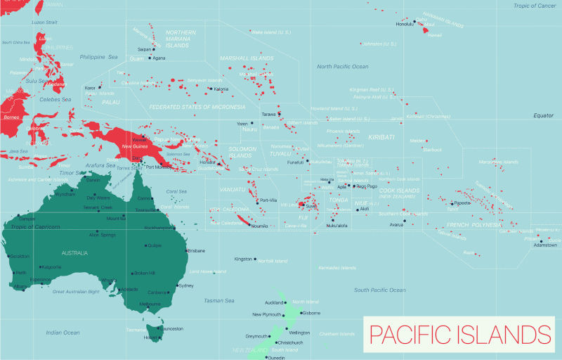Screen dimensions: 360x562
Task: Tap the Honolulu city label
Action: [x=405, y=24]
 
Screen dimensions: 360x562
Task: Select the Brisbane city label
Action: [x=196, y=250]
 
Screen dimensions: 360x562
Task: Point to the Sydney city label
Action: [x=186, y=285]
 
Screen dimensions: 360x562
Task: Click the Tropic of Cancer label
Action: [x=534, y=6]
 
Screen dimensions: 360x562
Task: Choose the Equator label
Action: [x=544, y=115]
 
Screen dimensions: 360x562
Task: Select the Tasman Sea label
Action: [x=219, y=300]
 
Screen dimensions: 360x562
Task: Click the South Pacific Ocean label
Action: [x=381, y=290]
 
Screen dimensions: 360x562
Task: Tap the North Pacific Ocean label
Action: [x=342, y=67]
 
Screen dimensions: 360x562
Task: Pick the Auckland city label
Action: [x=274, y=302]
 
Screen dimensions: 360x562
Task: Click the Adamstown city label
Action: [x=545, y=245]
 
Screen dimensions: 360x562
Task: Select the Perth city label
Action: [x=21, y=272]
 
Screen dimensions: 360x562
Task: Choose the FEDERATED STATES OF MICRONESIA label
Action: [x=197, y=107]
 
